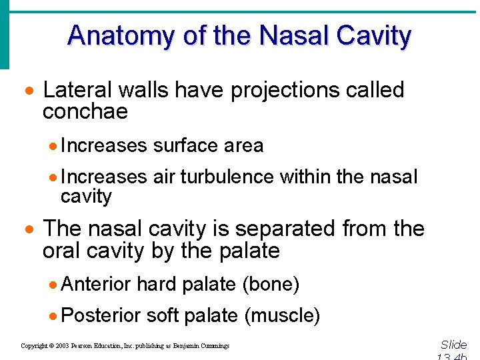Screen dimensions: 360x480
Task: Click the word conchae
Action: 85,112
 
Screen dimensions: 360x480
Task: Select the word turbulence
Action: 226,177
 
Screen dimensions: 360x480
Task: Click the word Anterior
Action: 95,285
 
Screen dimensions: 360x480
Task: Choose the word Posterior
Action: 100,315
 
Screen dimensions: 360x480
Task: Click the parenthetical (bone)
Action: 270,285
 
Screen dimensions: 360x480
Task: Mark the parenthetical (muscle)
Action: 282,315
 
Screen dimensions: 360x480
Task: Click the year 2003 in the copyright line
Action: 61,346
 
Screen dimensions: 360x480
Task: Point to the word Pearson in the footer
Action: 83,346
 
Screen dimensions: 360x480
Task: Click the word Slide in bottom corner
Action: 453,345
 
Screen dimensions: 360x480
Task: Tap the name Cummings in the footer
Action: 213,346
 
